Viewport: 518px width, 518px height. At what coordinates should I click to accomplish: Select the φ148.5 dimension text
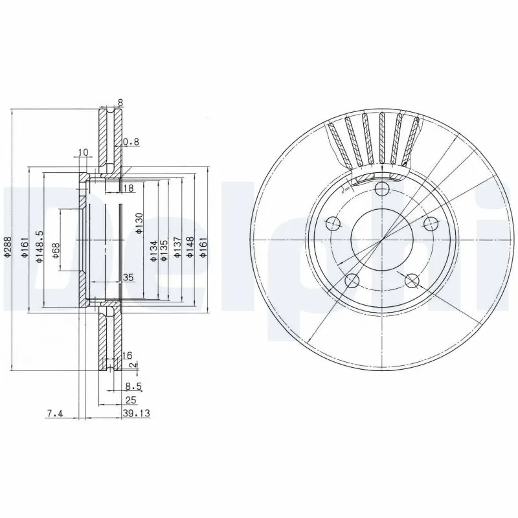coord(39,246)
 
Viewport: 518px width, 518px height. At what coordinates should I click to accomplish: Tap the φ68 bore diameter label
coord(56,251)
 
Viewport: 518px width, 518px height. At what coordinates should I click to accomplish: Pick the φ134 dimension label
coord(154,250)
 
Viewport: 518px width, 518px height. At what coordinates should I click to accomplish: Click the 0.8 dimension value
coord(131,142)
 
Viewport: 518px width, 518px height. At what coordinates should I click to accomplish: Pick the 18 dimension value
coord(128,188)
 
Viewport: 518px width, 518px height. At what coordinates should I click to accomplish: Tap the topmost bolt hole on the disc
coord(382,189)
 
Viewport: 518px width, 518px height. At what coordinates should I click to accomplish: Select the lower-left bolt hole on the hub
coord(352,280)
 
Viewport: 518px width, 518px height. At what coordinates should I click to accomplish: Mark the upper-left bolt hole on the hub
coord(333,224)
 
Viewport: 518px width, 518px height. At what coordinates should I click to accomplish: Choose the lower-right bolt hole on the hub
coord(412,280)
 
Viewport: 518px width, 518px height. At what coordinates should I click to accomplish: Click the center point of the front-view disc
coord(382,240)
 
